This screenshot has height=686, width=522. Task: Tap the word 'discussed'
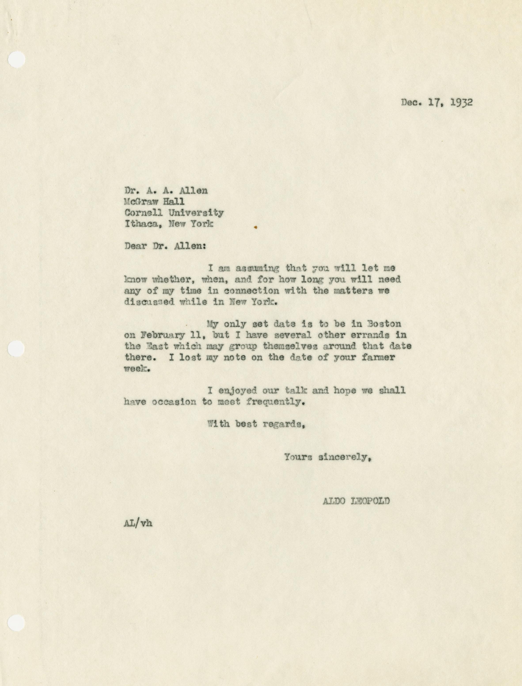pos(149,302)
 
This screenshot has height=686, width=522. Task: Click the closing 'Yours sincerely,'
pos(328,457)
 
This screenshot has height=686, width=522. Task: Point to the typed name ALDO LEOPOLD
pos(356,501)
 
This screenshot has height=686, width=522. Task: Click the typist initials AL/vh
pos(138,523)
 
